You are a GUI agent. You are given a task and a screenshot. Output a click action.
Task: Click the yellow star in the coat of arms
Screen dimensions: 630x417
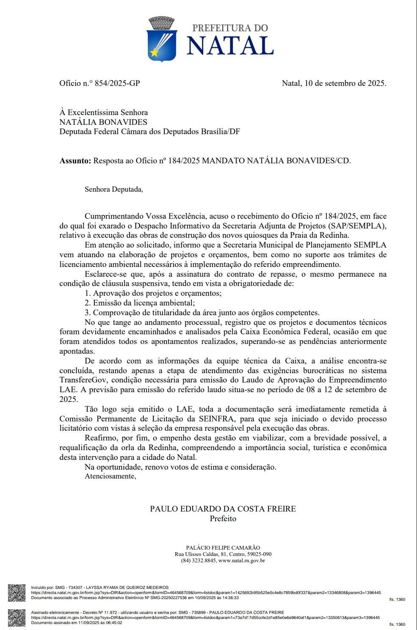(155, 53)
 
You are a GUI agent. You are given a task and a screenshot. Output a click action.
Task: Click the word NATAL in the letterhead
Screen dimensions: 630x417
(230, 46)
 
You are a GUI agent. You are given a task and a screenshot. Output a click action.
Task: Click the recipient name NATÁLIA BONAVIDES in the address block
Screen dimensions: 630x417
(103, 122)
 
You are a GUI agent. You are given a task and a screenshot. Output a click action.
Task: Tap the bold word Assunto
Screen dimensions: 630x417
(75, 161)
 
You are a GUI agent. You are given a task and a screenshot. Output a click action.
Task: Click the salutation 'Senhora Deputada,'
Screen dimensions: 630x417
(113, 189)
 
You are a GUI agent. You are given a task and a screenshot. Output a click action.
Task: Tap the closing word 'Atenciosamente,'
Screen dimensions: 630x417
(110, 476)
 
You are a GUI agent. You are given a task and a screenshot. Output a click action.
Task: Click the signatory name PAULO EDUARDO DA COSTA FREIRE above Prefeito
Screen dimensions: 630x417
(223, 509)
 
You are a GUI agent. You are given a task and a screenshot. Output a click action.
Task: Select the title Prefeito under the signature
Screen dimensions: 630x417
(223, 518)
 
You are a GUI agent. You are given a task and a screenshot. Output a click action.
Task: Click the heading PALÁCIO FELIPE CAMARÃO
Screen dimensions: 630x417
(223, 548)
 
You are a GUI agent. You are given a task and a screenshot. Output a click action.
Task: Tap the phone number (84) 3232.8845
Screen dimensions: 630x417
(199, 561)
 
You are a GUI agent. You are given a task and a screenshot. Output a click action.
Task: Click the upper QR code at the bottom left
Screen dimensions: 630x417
(17, 592)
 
